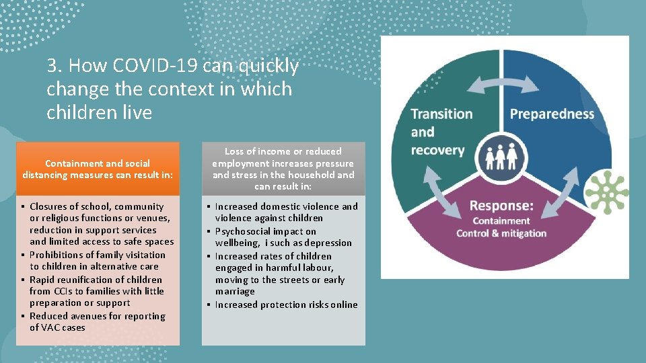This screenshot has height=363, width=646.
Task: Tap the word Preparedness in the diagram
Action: pos(552,114)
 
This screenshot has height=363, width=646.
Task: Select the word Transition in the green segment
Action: pos(441,114)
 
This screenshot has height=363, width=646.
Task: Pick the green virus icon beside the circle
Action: pos(607,192)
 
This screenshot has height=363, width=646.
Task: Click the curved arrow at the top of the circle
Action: pos(503,85)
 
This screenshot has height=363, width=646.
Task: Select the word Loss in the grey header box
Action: pos(236,152)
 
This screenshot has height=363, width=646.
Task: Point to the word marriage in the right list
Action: pos(235,292)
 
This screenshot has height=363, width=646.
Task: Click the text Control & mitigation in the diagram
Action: pos(501,234)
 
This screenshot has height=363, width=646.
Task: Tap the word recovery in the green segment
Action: pos(438,149)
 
